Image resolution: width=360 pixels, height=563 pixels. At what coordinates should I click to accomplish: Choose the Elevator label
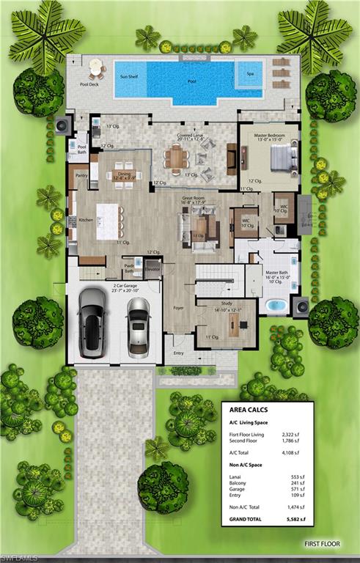pyautogui.click(x=152, y=270)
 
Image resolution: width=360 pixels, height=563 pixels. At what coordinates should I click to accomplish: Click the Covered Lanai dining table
pyautogui.click(x=179, y=156)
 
